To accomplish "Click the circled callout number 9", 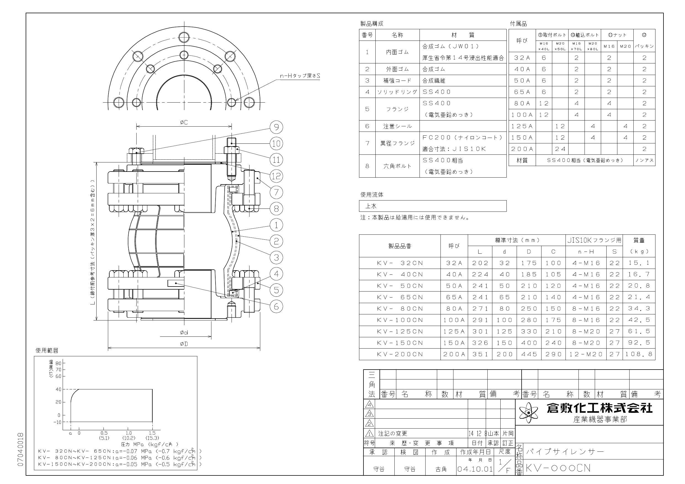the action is click(276, 127).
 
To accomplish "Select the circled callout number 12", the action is click(276, 176).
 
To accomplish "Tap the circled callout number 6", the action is click(276, 306).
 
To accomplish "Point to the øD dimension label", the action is click(184, 344).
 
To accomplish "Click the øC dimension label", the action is click(184, 122).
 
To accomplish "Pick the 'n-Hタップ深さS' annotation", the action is click(299, 76).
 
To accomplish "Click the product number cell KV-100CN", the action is click(400, 320).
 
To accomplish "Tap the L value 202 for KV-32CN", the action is click(480, 263).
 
